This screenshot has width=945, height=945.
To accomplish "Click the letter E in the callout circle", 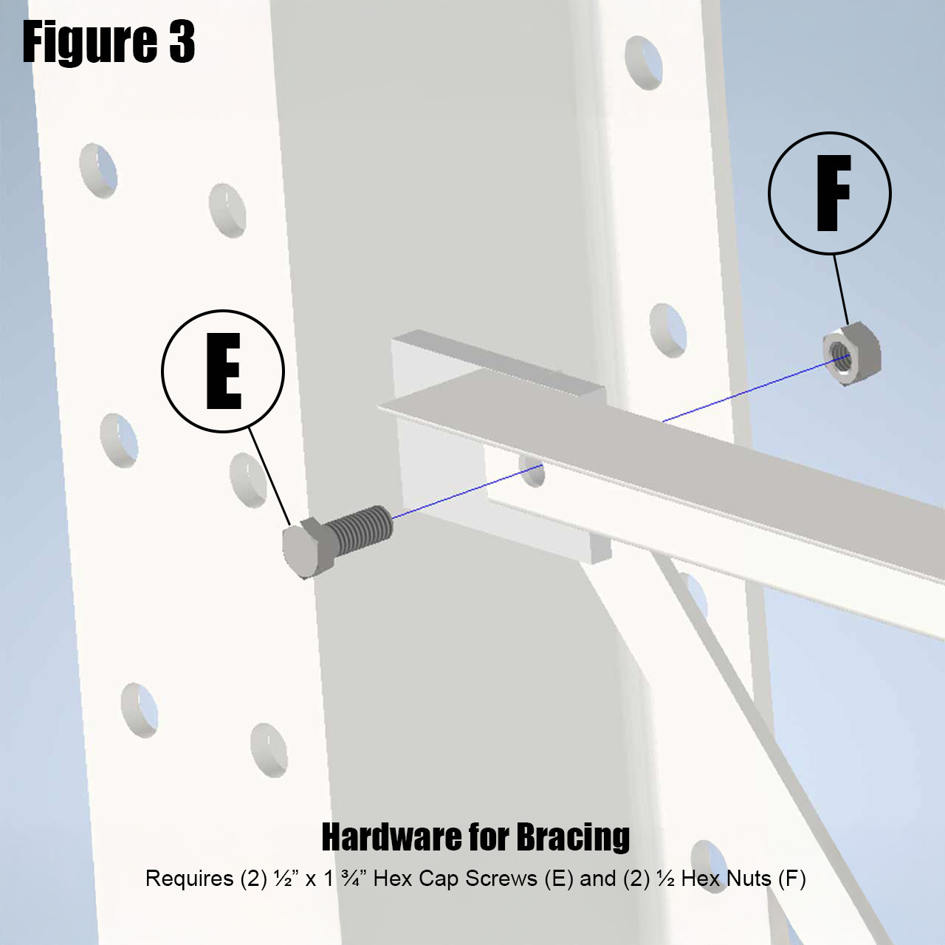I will [x=224, y=371].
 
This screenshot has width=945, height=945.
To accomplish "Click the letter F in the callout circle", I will [x=832, y=193].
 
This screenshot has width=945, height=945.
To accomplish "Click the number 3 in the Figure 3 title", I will [x=180, y=42].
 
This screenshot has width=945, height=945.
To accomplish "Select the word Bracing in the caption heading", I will [x=573, y=837].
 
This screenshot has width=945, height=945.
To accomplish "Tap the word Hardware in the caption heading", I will [x=388, y=837].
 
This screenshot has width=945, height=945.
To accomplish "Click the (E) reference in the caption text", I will [x=558, y=879].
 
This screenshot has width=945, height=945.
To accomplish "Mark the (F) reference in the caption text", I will [x=791, y=879].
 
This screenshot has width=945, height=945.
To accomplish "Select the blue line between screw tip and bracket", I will [x=465, y=492].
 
